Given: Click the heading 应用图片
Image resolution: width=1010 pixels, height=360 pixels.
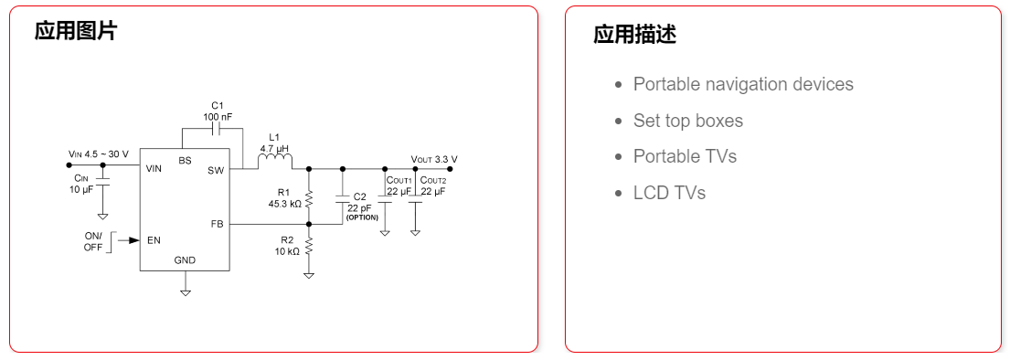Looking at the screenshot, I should (x=76, y=31).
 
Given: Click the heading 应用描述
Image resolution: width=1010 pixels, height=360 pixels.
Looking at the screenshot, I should (x=634, y=35).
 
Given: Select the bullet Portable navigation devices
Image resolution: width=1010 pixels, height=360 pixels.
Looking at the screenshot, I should (x=742, y=84).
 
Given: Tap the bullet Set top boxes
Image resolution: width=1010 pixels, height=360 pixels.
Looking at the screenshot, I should (x=687, y=121).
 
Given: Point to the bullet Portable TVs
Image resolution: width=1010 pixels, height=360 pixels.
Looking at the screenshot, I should (x=684, y=156).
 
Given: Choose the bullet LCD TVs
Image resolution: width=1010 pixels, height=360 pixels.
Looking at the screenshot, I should (x=669, y=193).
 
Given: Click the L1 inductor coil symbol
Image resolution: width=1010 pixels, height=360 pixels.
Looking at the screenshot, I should (x=275, y=163).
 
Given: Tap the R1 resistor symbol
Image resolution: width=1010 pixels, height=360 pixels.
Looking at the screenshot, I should (x=309, y=197).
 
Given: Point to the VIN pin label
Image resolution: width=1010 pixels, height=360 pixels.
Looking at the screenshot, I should (x=154, y=169).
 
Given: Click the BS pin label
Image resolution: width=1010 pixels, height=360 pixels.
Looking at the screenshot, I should (x=186, y=161).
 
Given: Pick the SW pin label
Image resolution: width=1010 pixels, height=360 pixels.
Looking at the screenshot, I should (x=216, y=170).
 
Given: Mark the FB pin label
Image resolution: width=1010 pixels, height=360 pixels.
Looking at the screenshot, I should (x=217, y=224).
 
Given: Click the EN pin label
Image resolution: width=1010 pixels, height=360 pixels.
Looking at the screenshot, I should (x=154, y=241).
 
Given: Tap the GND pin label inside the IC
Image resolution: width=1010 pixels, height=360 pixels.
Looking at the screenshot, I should (x=185, y=260).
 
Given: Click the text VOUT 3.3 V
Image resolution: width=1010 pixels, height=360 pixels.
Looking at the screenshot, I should (x=434, y=159).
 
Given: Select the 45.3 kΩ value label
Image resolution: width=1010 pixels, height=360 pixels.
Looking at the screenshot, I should (x=284, y=205).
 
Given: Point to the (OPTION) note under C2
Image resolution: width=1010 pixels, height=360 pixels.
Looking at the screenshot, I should (x=362, y=217).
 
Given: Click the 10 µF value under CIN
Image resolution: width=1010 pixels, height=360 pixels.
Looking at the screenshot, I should (x=81, y=190).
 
